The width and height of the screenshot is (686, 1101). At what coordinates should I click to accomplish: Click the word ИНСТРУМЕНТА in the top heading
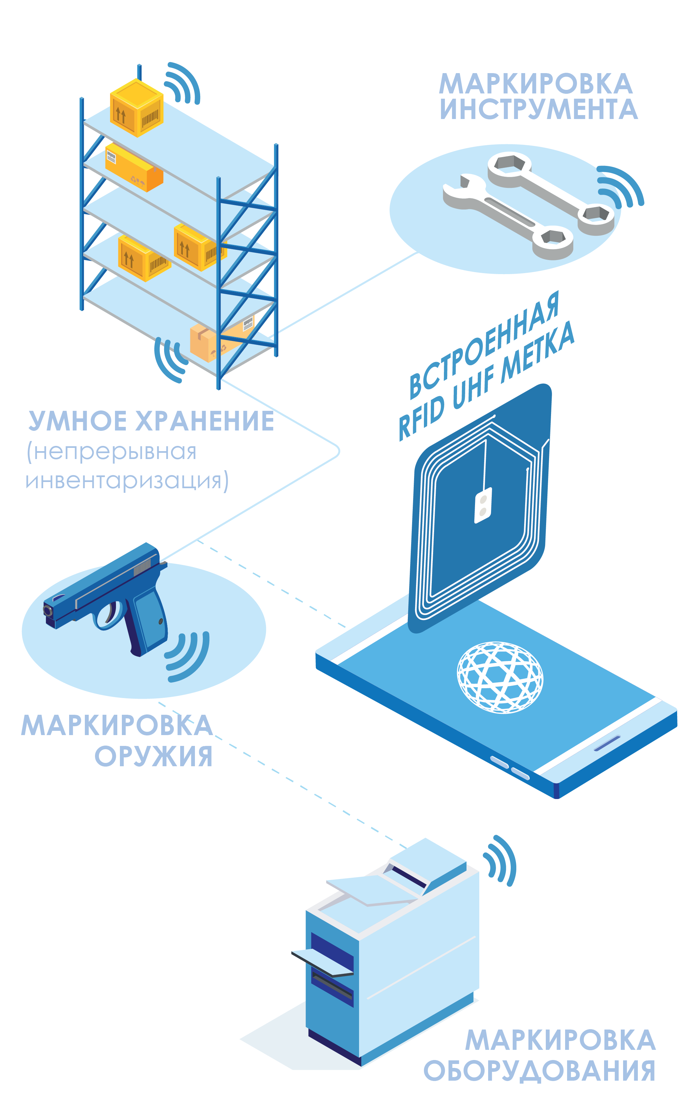[x=539, y=110]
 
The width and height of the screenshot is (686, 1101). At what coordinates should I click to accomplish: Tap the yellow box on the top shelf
[x=136, y=108]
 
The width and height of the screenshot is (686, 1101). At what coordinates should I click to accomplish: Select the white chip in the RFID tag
[x=483, y=505]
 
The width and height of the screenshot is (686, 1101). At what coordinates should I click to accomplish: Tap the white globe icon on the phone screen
[x=500, y=677]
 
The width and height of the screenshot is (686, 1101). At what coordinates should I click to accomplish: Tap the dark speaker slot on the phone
[x=607, y=743]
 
